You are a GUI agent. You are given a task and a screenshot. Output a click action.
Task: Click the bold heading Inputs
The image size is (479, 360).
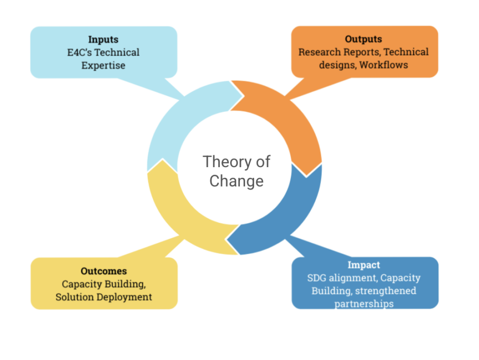pos(103,40)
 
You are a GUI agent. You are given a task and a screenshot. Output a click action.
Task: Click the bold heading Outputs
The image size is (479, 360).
pos(363,39)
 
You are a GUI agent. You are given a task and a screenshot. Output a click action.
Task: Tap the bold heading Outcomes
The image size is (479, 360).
pos(103,271)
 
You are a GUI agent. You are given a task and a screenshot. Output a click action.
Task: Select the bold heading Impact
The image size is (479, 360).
pos(363,265)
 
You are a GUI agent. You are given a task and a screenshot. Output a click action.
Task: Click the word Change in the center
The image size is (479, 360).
pos(236,181)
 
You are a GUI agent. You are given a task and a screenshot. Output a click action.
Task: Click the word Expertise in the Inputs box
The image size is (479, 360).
pos(103,66)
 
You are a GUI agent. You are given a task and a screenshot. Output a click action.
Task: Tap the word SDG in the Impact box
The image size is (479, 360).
pos(317,278)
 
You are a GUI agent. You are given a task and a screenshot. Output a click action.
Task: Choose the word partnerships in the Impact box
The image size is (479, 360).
pos(363,303)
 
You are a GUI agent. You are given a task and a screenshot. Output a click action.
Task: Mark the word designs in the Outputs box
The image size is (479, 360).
pos(337,65)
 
